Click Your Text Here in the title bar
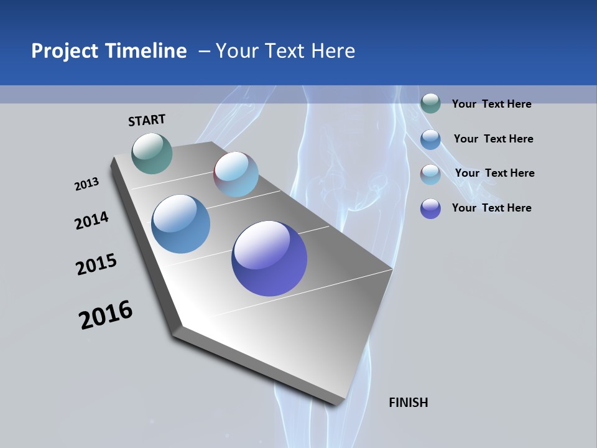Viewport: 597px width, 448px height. coord(285,51)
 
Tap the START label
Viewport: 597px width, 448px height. coord(147,120)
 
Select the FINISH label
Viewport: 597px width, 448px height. coord(408,403)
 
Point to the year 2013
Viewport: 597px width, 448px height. coord(86,184)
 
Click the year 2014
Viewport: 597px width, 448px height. coord(91,220)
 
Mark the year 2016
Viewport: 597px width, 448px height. coord(106,315)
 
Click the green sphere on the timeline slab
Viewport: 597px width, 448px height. coord(152,153)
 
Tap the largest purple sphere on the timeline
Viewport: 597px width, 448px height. coord(269,258)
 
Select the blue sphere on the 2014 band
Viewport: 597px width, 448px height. coord(181,224)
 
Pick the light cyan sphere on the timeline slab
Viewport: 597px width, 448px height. coord(236,174)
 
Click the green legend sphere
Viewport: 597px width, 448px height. coord(430,103)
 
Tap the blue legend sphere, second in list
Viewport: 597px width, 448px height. coord(430,139)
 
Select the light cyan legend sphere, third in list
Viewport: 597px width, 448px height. coord(430,174)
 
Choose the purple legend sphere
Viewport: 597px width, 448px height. coord(430,208)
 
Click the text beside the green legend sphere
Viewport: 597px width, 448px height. coord(491,104)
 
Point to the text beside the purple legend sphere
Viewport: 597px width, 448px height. coord(491,208)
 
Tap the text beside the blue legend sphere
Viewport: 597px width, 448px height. coord(493,139)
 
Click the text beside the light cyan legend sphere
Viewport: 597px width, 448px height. coord(494,173)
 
